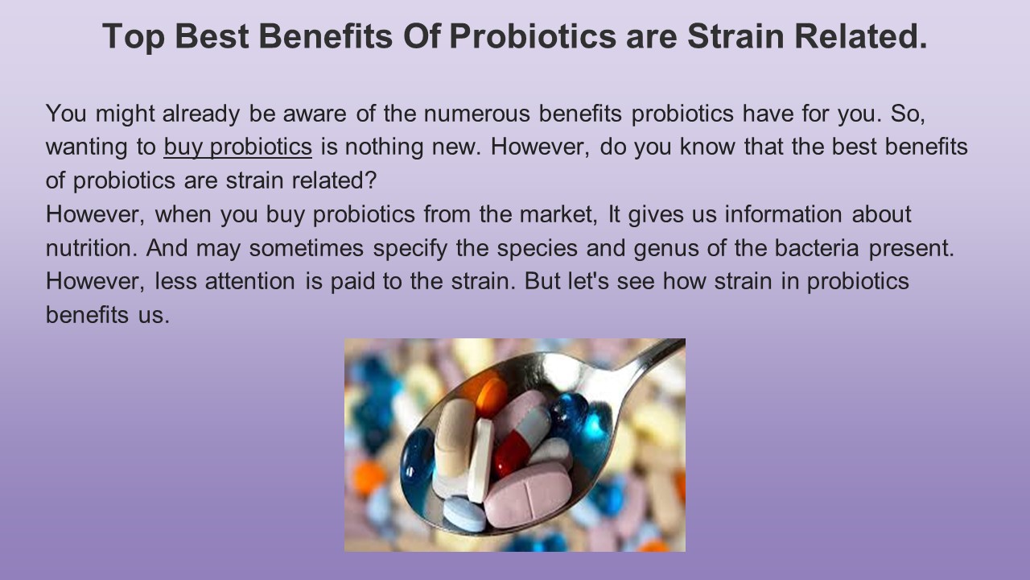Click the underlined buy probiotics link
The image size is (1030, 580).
(x=237, y=147)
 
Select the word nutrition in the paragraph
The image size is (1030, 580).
(x=88, y=246)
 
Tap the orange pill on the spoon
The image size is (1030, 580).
(x=490, y=396)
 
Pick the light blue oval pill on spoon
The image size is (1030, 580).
(x=465, y=514)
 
